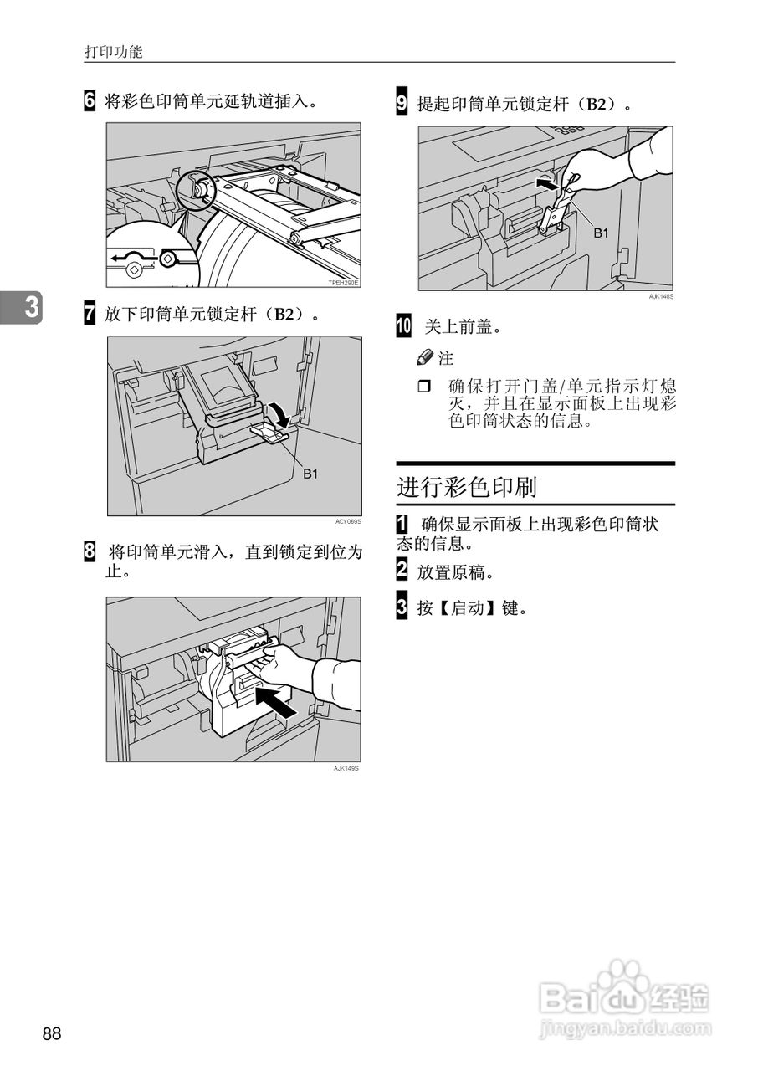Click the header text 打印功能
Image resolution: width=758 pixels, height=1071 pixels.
(114, 52)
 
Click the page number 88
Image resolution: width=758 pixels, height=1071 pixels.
(52, 1034)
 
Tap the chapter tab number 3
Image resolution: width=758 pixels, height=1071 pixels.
(31, 308)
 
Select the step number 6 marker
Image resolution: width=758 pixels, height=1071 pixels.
(90, 102)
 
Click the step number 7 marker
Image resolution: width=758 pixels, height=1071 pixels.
(90, 315)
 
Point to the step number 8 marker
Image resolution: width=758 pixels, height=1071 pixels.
(90, 552)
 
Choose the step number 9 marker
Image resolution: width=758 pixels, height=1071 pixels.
(402, 105)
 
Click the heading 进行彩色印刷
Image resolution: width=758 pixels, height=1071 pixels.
(467, 487)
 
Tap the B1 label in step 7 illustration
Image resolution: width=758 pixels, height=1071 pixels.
(310, 474)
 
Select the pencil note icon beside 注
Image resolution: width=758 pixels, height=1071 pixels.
(425, 358)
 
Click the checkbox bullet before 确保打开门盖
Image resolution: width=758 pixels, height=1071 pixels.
(423, 387)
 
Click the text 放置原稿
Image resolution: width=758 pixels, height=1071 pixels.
(455, 573)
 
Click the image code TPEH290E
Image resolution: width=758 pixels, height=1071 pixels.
(343, 284)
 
